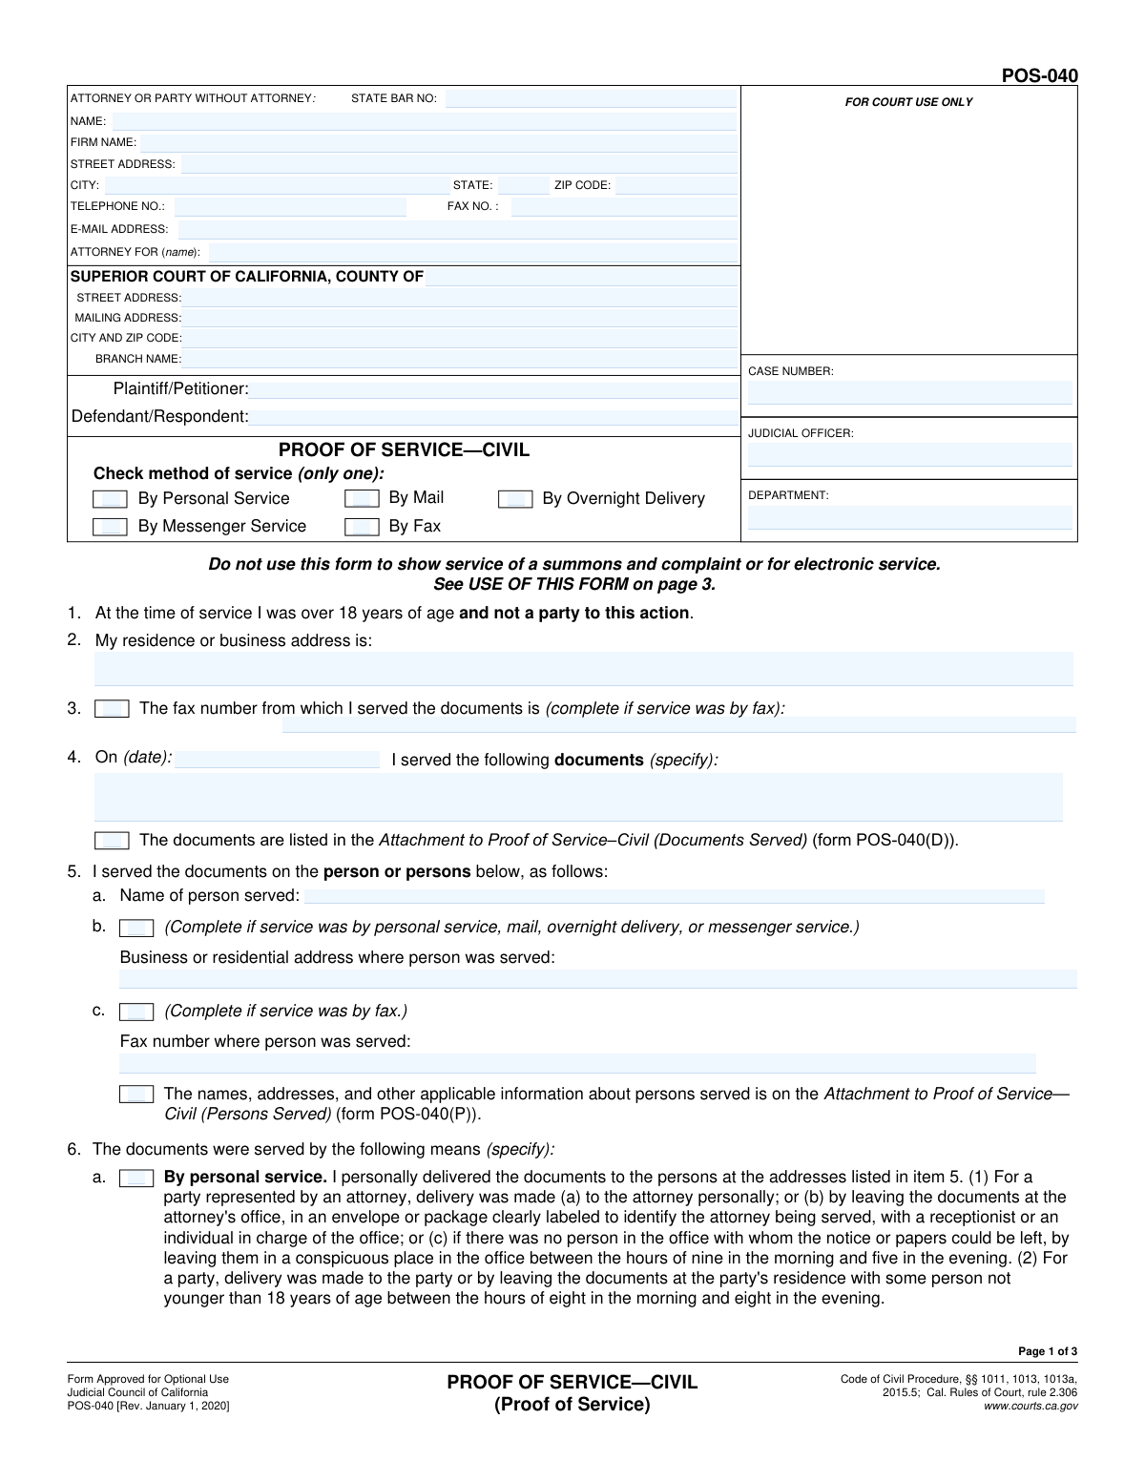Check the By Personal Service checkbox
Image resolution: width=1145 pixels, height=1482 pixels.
(110, 499)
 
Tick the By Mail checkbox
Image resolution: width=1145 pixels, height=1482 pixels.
(362, 499)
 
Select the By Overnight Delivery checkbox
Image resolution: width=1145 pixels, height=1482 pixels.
(515, 499)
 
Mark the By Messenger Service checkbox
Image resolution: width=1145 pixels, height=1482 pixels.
(110, 527)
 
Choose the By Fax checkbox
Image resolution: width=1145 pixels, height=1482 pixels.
(362, 527)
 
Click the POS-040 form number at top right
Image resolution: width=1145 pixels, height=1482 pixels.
(1039, 76)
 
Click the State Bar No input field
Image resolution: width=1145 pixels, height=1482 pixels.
(591, 98)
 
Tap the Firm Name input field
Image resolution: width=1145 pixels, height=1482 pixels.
(438, 142)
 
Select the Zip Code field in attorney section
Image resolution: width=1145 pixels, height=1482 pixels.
(676, 185)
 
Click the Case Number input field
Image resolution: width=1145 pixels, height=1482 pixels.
(909, 392)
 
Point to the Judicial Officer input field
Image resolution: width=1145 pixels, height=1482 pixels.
(909, 454)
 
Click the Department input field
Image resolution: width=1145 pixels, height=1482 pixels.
(909, 517)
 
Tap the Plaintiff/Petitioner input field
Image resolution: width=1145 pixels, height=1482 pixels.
(493, 389)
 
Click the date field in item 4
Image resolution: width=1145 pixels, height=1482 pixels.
(278, 760)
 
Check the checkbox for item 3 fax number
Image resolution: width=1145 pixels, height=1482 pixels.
(112, 709)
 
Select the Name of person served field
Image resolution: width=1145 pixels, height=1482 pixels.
(674, 896)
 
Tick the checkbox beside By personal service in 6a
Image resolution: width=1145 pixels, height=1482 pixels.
(136, 1179)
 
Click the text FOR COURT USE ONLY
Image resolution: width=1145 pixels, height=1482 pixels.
(908, 102)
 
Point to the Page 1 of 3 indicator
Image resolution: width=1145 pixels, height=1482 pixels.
(1048, 1351)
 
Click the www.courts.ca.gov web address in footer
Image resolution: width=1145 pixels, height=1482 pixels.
(1030, 1406)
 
